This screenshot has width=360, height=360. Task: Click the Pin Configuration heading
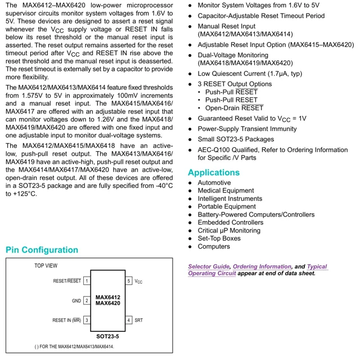[42, 250]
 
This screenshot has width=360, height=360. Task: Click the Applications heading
[214, 173]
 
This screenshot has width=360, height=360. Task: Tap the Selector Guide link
[209, 267]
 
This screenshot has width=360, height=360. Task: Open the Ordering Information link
[262, 267]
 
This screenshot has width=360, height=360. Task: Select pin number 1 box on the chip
[87, 281]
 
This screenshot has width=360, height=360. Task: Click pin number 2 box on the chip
[87, 301]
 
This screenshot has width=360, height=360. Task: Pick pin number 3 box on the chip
[87, 320]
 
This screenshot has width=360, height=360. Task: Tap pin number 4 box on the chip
[129, 320]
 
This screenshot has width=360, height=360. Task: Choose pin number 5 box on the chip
[129, 281]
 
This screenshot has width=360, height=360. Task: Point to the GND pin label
[76, 301]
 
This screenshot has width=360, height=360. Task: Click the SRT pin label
[139, 320]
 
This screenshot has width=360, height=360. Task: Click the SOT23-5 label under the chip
[107, 336]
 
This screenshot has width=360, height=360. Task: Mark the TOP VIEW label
[46, 265]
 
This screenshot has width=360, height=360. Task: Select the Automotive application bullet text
[214, 183]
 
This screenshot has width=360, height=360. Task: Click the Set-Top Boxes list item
[219, 238]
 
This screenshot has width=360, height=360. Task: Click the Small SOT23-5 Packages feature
[236, 139]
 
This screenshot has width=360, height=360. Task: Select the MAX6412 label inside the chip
[107, 297]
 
